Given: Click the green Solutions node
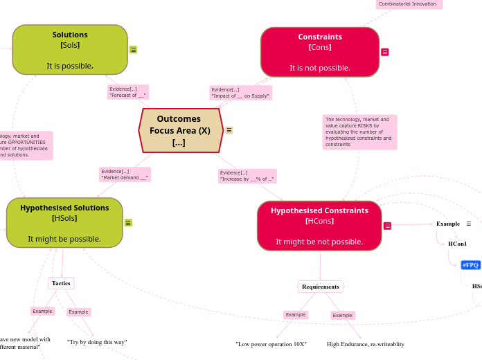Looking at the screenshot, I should click(70, 50).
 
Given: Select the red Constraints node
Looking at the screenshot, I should click(319, 52).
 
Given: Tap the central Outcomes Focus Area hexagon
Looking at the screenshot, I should click(180, 130).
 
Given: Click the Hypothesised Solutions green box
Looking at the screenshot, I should click(64, 223).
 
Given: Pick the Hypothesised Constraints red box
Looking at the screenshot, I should click(319, 226).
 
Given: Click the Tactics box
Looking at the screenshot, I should click(61, 283).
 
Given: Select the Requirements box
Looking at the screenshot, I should click(321, 287).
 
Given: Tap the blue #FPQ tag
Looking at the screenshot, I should click(471, 265).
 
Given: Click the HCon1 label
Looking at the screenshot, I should click(457, 244).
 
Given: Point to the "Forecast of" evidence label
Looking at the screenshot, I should click(127, 92).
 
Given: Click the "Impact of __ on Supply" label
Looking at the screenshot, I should click(240, 93).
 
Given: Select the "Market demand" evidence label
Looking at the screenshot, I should click(125, 174).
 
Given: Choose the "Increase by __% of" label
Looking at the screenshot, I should click(247, 176).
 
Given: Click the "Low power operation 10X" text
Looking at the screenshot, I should click(271, 344).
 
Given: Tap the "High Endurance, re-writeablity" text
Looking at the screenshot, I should click(366, 344).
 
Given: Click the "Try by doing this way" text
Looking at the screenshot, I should click(97, 342).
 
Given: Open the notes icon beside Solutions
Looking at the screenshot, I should click(133, 49).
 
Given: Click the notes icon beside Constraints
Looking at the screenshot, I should click(385, 52).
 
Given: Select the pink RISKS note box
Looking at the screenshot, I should click(359, 132).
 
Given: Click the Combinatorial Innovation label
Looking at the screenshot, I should click(409, 4).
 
